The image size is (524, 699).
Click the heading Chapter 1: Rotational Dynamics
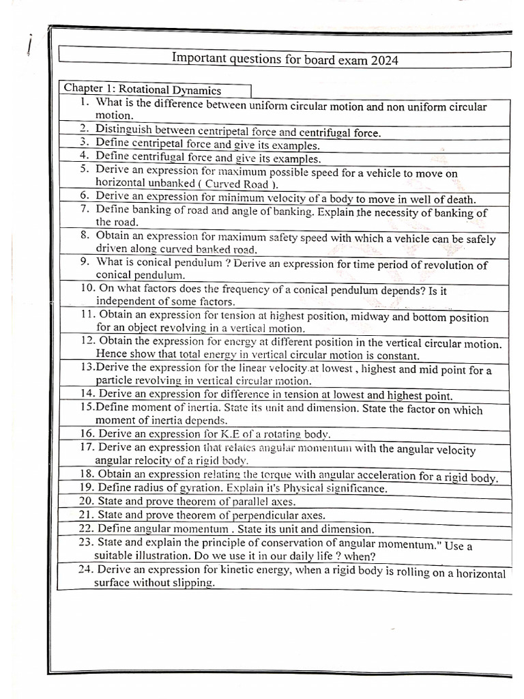click(x=142, y=89)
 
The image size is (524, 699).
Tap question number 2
click(x=84, y=128)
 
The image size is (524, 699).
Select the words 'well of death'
click(x=437, y=199)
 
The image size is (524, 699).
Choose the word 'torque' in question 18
click(x=285, y=475)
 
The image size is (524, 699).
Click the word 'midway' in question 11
click(x=373, y=317)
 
